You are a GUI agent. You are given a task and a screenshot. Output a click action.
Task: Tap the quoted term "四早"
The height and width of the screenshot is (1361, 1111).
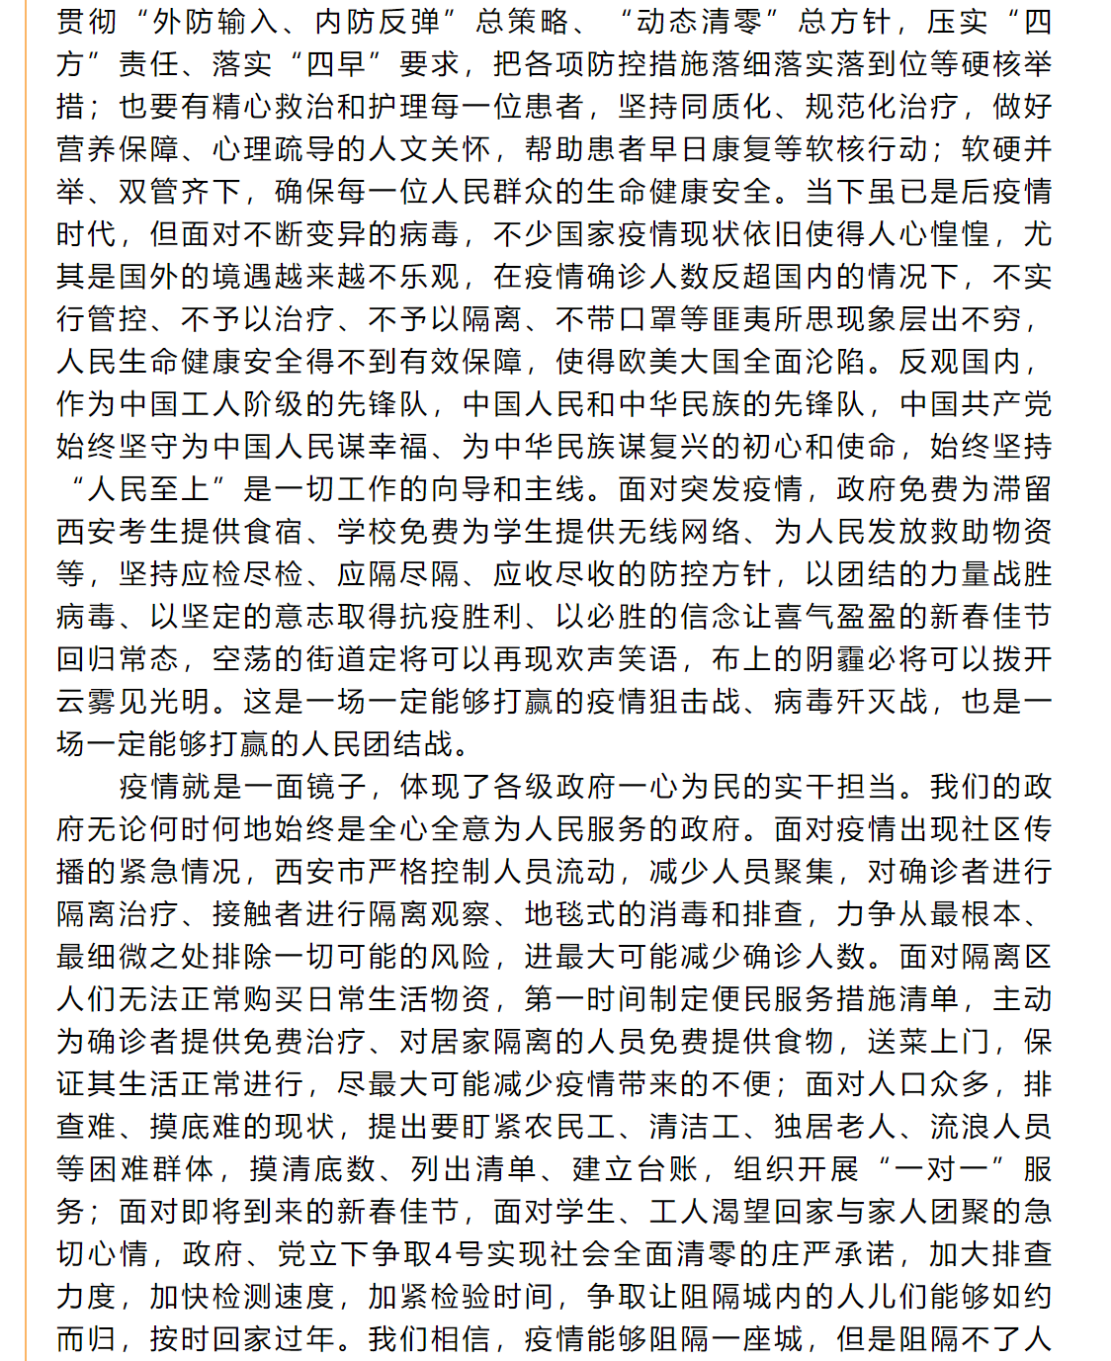tap(336, 64)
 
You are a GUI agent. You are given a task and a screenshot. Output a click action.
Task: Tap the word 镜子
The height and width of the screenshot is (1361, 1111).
tap(336, 787)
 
